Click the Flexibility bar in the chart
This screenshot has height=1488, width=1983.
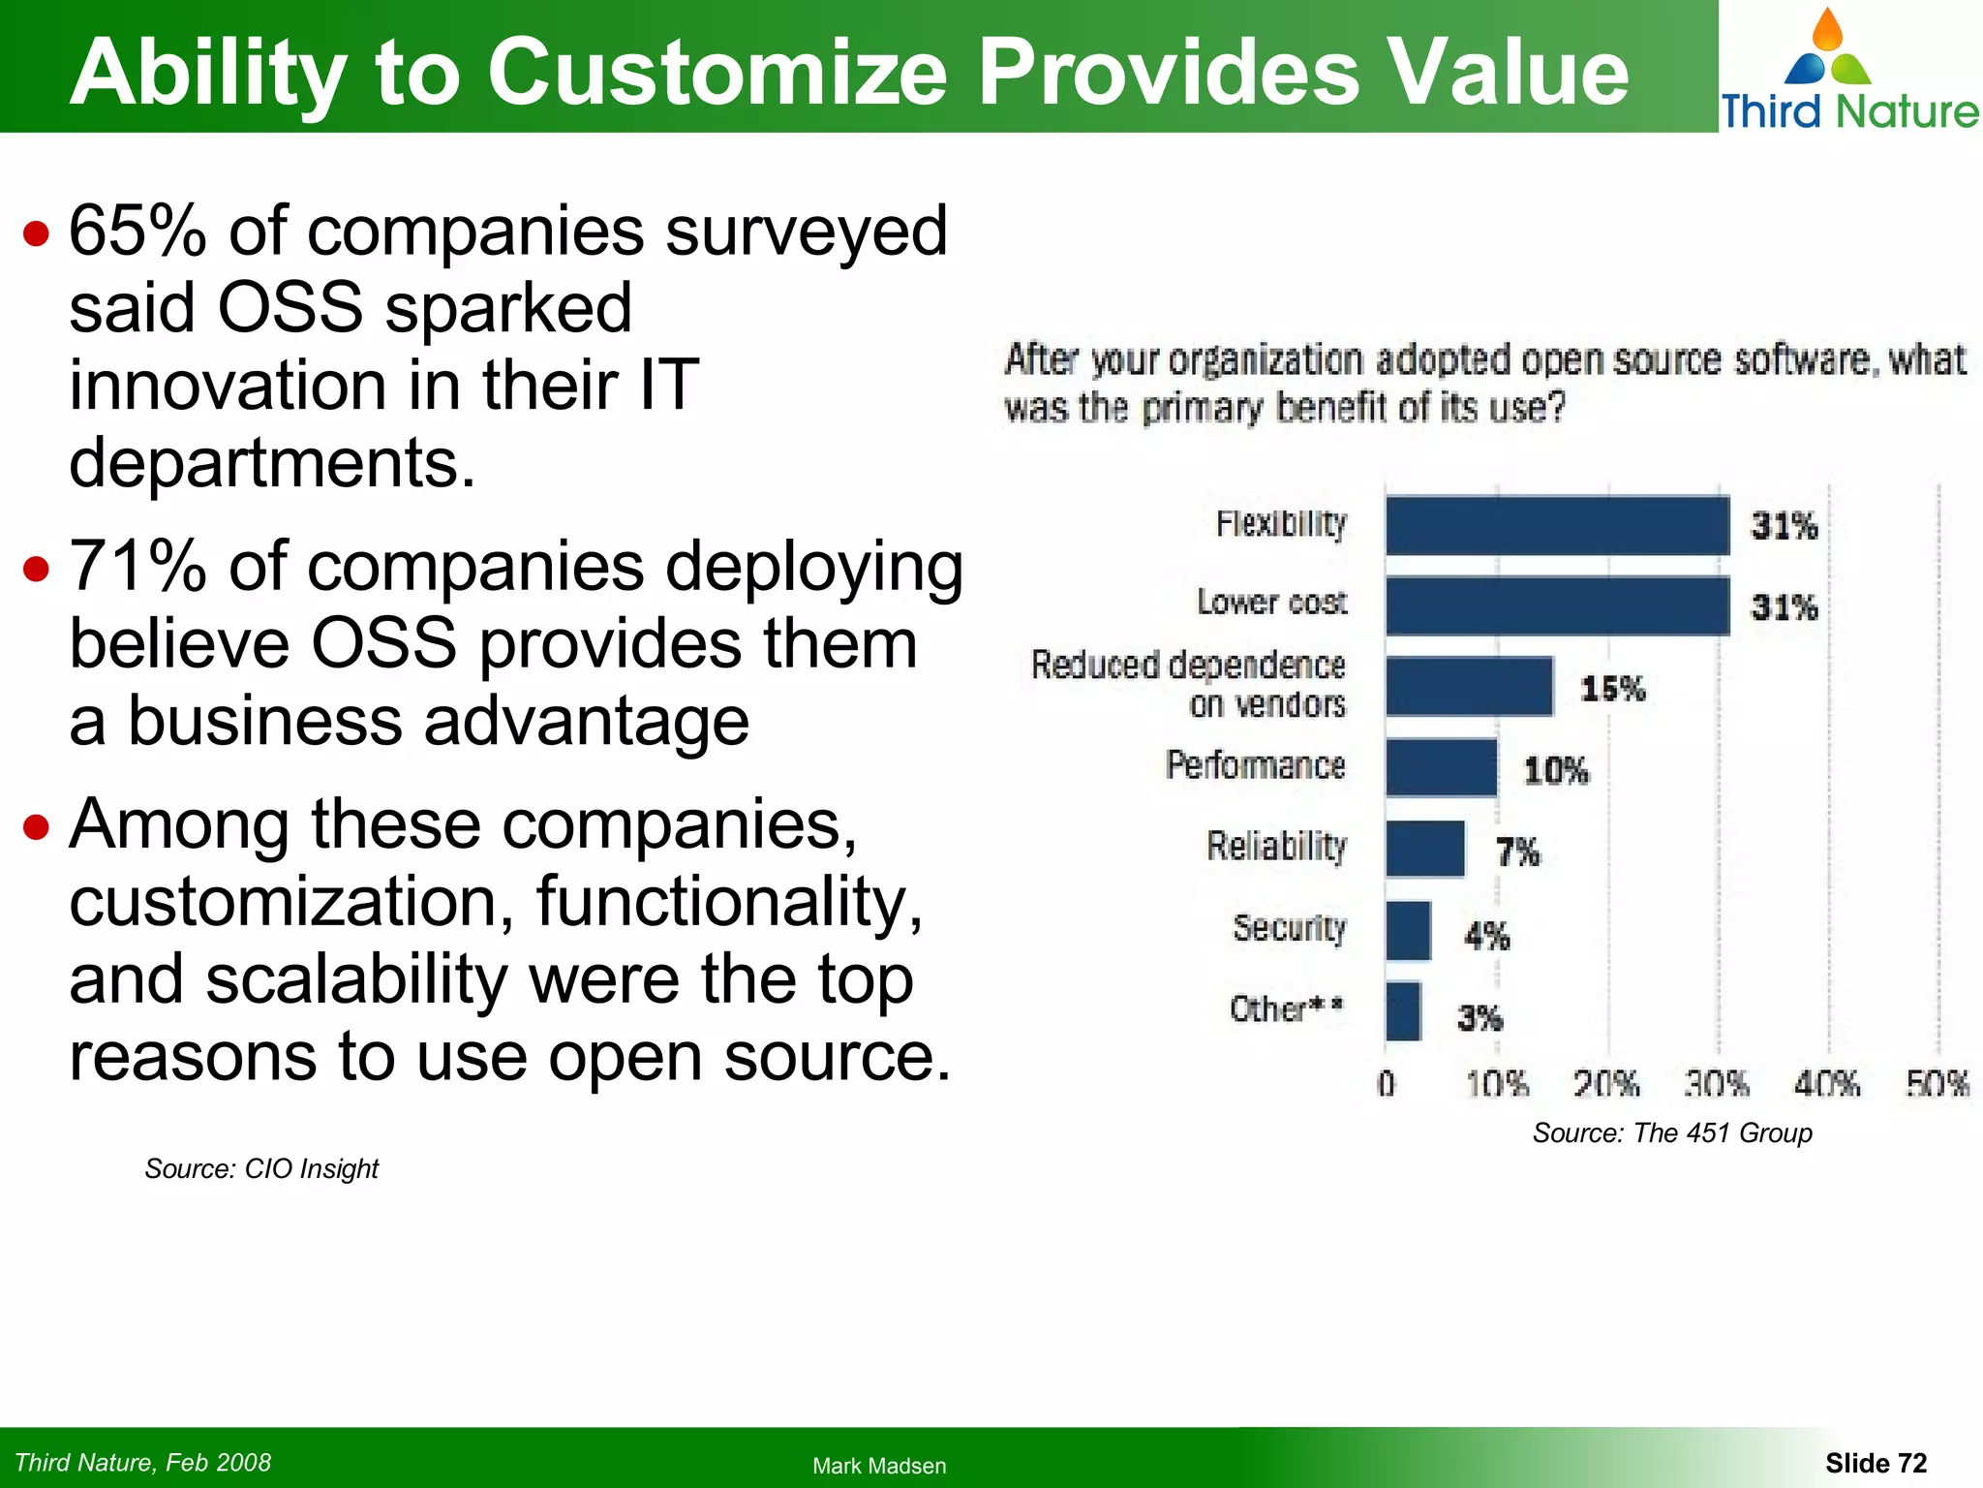1556,526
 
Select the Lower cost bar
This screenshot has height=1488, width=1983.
1556,606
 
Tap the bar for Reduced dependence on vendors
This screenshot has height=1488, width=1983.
1468,687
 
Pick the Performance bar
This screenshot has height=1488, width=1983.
1441,768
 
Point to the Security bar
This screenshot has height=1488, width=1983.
1408,931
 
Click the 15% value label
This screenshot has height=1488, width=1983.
1612,689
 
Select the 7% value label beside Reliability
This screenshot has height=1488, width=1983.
1517,852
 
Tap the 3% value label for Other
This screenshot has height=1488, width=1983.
1480,1018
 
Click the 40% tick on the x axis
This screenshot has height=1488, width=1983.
1826,1083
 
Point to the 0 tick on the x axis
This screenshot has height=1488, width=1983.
1386,1083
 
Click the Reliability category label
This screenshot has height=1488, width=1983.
1276,847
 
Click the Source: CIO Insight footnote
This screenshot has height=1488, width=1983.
261,1169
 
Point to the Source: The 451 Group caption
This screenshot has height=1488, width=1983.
1671,1133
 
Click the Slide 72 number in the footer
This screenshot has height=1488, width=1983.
1876,1463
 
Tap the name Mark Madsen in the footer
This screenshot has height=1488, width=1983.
878,1466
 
